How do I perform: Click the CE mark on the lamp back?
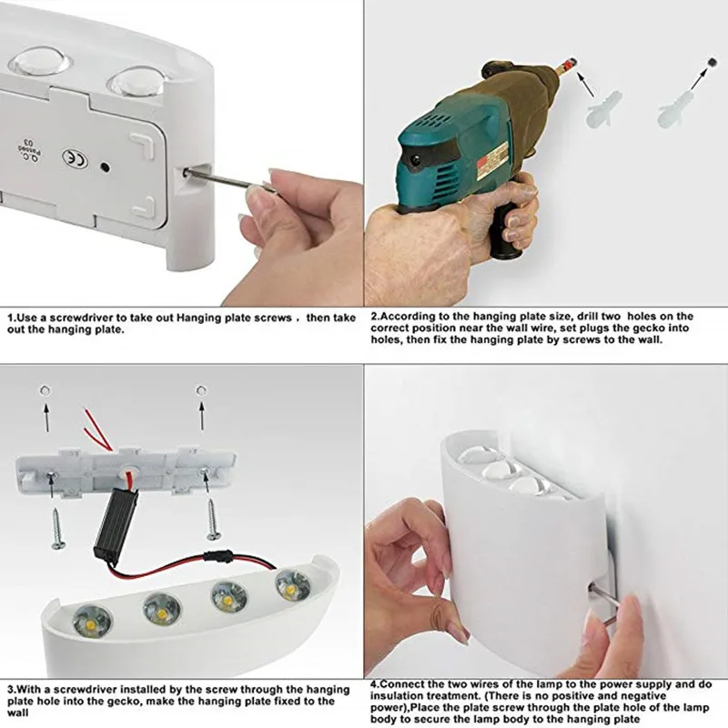click(72, 157)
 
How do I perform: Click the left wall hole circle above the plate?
click(44, 390)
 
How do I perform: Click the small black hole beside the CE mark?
click(106, 167)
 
